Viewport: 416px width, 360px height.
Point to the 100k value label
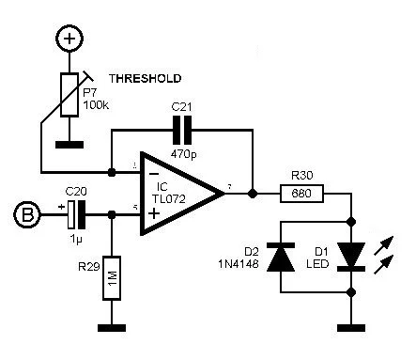coord(95,104)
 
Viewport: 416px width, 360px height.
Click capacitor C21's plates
coord(181,130)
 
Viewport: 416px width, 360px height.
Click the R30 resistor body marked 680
coord(302,194)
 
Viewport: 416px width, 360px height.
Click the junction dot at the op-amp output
coord(253,194)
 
